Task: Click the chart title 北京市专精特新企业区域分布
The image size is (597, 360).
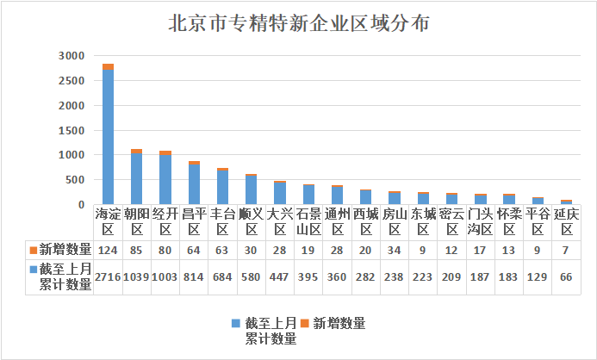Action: point(298,23)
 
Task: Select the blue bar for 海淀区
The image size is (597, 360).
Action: point(108,138)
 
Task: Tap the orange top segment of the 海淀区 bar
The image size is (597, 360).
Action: point(108,67)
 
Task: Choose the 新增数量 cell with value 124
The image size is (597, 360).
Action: point(108,250)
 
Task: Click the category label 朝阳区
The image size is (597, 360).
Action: point(136,221)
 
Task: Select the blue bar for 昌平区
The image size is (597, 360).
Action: point(194,184)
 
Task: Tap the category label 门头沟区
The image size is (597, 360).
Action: point(480,221)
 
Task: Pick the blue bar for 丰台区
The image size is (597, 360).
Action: point(222,187)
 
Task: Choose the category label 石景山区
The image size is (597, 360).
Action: point(308,221)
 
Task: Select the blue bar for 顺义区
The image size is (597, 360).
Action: point(251,189)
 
